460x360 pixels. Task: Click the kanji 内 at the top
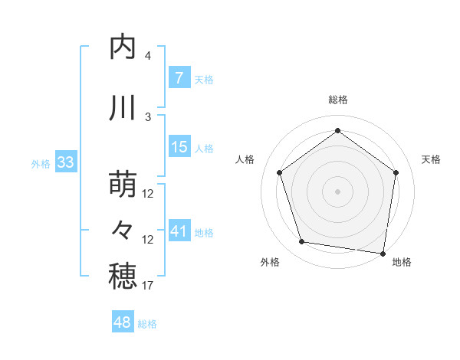click(123, 48)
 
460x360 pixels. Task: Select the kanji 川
click(123, 109)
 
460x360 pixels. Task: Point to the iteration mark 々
click(123, 230)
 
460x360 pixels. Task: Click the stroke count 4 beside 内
click(148, 56)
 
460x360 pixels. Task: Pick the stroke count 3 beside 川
click(148, 116)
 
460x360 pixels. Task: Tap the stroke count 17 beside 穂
click(148, 286)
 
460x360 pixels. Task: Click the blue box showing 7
click(179, 78)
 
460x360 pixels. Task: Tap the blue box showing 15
click(179, 147)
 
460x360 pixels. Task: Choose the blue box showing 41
click(179, 231)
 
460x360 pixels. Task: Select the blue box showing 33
click(65, 162)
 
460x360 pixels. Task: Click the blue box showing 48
click(123, 322)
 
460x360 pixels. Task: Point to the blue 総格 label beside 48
click(147, 324)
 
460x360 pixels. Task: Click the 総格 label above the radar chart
click(337, 100)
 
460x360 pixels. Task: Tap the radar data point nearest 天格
click(396, 172)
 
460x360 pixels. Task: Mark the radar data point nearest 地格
click(383, 253)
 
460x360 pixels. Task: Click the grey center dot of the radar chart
click(337, 191)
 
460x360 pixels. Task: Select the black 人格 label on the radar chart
click(245, 159)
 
